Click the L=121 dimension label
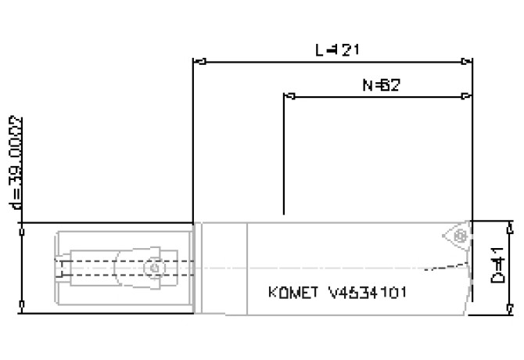point(337,49)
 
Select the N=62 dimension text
point(382,85)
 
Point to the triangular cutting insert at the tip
point(454,235)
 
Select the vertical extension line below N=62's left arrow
point(284,157)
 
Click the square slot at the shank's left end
point(62,268)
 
